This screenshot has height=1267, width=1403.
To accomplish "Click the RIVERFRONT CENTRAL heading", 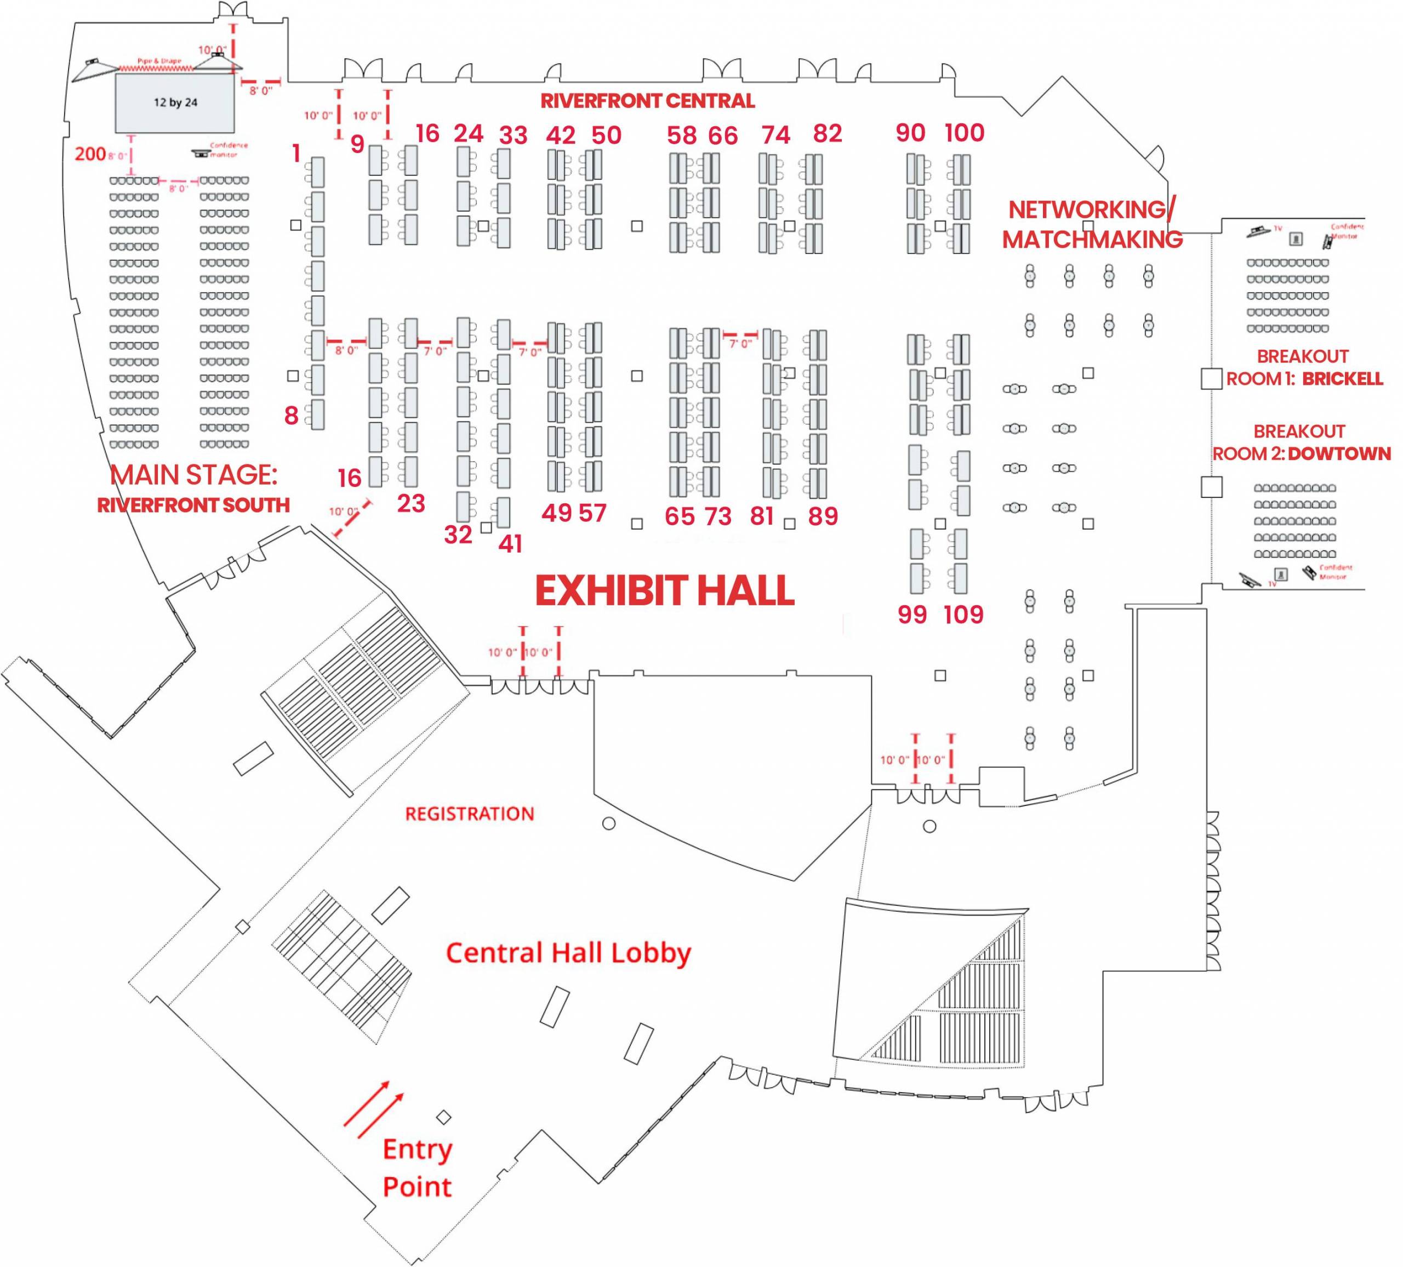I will click(647, 101).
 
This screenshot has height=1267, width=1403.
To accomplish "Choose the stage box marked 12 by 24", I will click(175, 103).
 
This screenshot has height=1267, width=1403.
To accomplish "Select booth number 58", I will click(681, 136).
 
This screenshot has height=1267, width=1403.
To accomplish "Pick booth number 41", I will click(510, 544).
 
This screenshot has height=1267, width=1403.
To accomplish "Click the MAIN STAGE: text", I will click(193, 475).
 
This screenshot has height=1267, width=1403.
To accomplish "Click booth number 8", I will click(292, 416).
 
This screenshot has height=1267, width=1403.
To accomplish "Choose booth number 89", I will click(823, 516).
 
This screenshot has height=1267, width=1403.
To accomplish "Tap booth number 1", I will click(296, 153).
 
